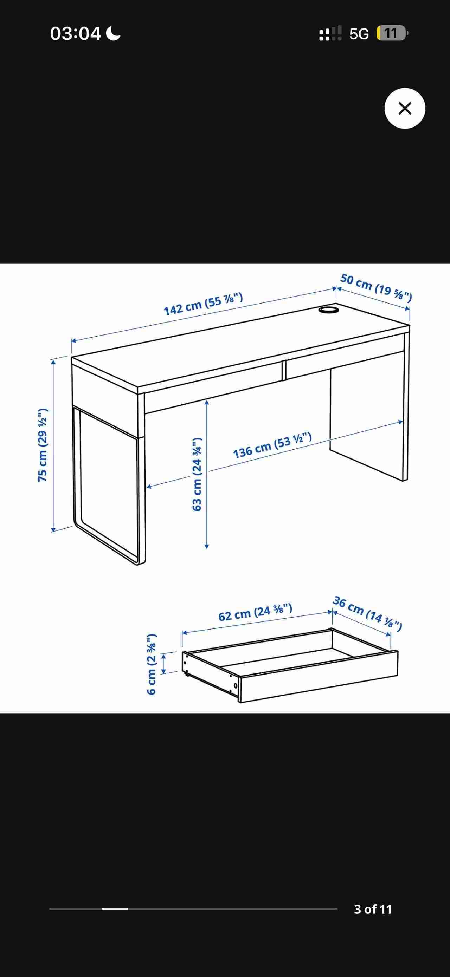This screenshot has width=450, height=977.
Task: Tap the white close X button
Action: pos(405,109)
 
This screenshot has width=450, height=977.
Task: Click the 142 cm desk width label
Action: pos(203,304)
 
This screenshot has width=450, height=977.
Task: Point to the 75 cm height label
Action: pos(43,445)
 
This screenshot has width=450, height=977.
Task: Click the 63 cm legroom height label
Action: pos(197,474)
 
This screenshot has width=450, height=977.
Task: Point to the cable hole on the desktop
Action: pos(329,310)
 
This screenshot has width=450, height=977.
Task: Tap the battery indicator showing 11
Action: pos(392,33)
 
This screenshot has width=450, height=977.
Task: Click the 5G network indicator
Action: pos(359,34)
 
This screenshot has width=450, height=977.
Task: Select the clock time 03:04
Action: pos(76,33)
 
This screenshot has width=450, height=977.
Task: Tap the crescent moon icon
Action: pos(113,33)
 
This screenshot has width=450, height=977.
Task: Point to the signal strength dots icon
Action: pos(330,33)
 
